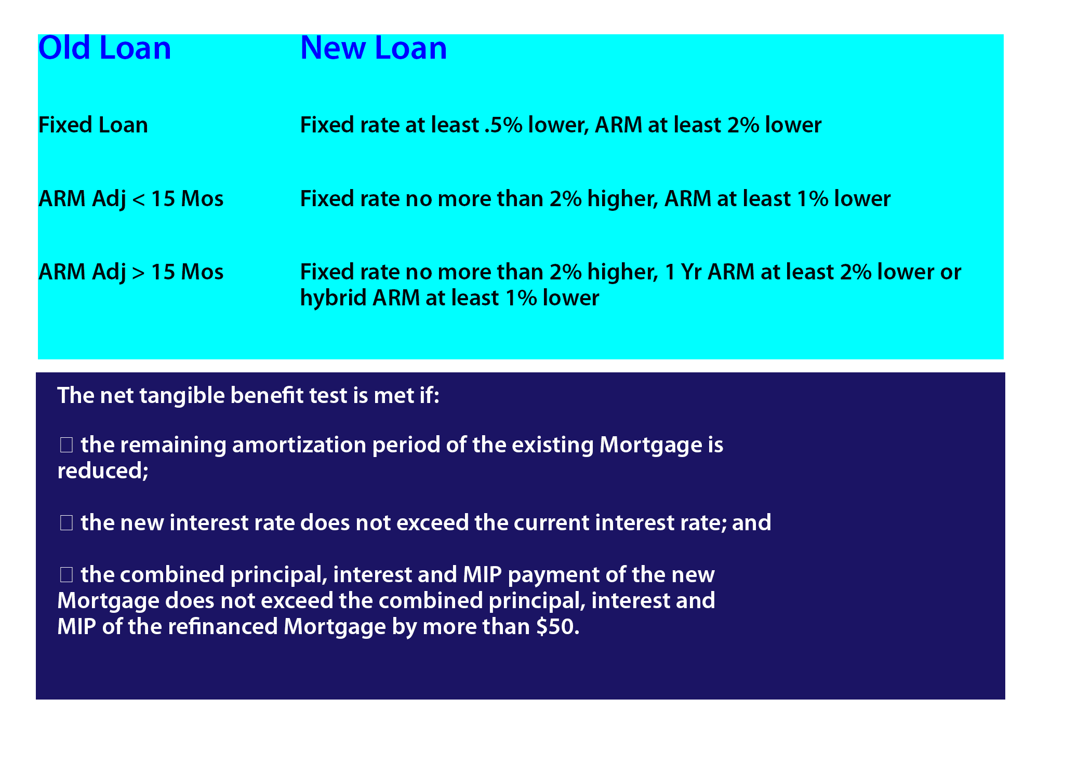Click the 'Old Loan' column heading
(104, 48)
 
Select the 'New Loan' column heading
(373, 48)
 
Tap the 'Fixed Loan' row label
(93, 125)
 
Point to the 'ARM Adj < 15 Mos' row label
(131, 199)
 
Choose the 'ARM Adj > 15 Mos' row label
(131, 272)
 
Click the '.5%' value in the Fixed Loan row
(503, 125)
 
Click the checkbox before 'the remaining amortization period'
(66, 445)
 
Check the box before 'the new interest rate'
(66, 523)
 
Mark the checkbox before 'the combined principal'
(66, 575)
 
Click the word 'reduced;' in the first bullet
(103, 471)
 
